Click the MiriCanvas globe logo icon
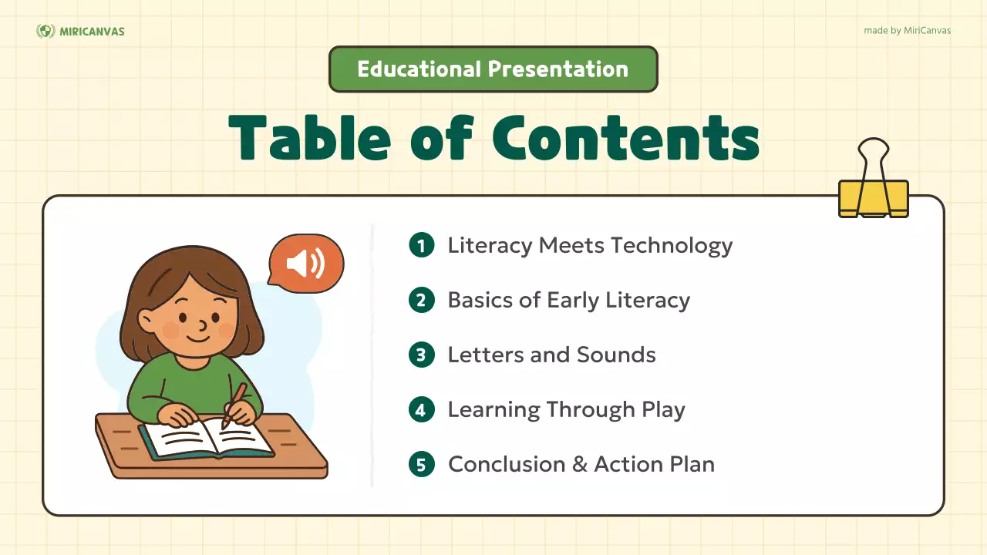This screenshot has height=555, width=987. tap(45, 31)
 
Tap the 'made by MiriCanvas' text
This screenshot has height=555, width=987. tap(908, 31)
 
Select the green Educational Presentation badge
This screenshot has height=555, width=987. tap(493, 69)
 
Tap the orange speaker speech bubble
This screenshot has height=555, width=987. tap(306, 264)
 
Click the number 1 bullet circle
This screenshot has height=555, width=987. tap(421, 246)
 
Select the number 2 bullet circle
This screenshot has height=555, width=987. tap(421, 301)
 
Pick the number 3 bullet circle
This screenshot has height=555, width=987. tap(421, 355)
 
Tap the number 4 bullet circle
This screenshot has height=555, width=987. tap(421, 410)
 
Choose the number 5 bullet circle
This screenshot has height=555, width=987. tap(421, 465)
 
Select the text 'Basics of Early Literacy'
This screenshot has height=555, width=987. tap(568, 301)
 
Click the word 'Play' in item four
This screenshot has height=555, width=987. tap(663, 410)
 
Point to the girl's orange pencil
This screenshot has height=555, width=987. tap(234, 404)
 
